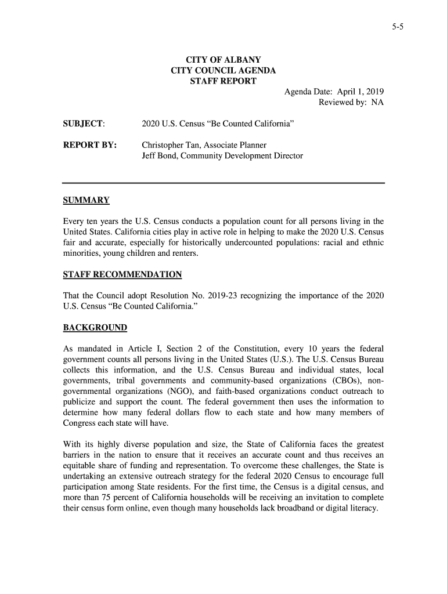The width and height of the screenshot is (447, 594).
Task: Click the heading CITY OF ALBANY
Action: [x=223, y=60]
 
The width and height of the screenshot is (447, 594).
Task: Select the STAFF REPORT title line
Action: [x=223, y=81]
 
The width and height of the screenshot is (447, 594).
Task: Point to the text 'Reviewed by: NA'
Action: [x=351, y=103]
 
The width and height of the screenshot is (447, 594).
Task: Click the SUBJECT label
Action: [x=84, y=124]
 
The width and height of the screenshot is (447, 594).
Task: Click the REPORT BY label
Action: [x=89, y=145]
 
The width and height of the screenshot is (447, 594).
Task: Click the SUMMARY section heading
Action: [x=86, y=201]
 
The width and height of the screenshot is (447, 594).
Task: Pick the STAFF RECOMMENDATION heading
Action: [x=122, y=274]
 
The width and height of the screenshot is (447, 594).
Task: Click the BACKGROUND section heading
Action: [x=95, y=328]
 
